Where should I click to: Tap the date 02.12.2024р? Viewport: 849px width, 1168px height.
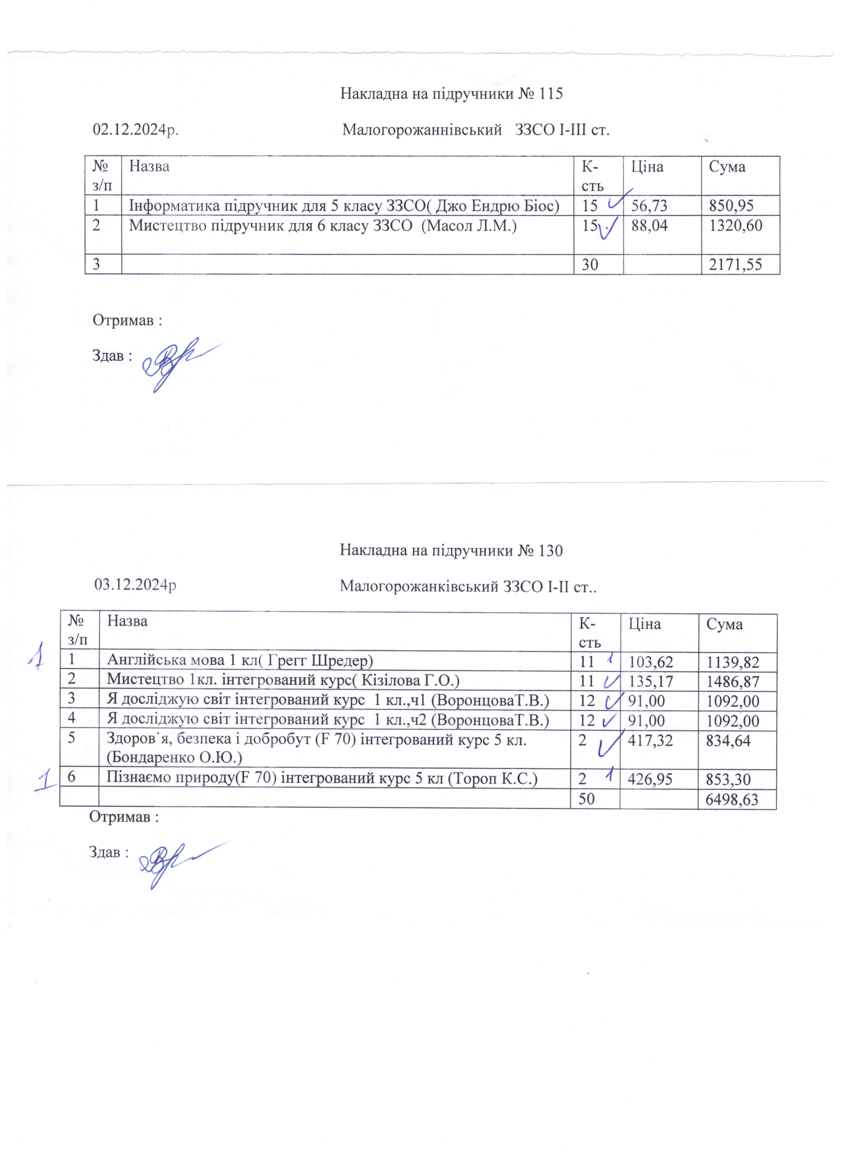pyautogui.click(x=135, y=129)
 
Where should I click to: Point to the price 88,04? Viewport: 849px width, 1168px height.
pyautogui.click(x=649, y=226)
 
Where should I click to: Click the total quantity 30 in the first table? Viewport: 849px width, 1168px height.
pyautogui.click(x=590, y=265)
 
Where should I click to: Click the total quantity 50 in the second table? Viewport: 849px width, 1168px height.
pyautogui.click(x=587, y=799)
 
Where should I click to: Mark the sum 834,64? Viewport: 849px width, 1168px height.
pyautogui.click(x=729, y=741)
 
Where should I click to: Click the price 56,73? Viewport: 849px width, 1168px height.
pyautogui.click(x=649, y=206)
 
